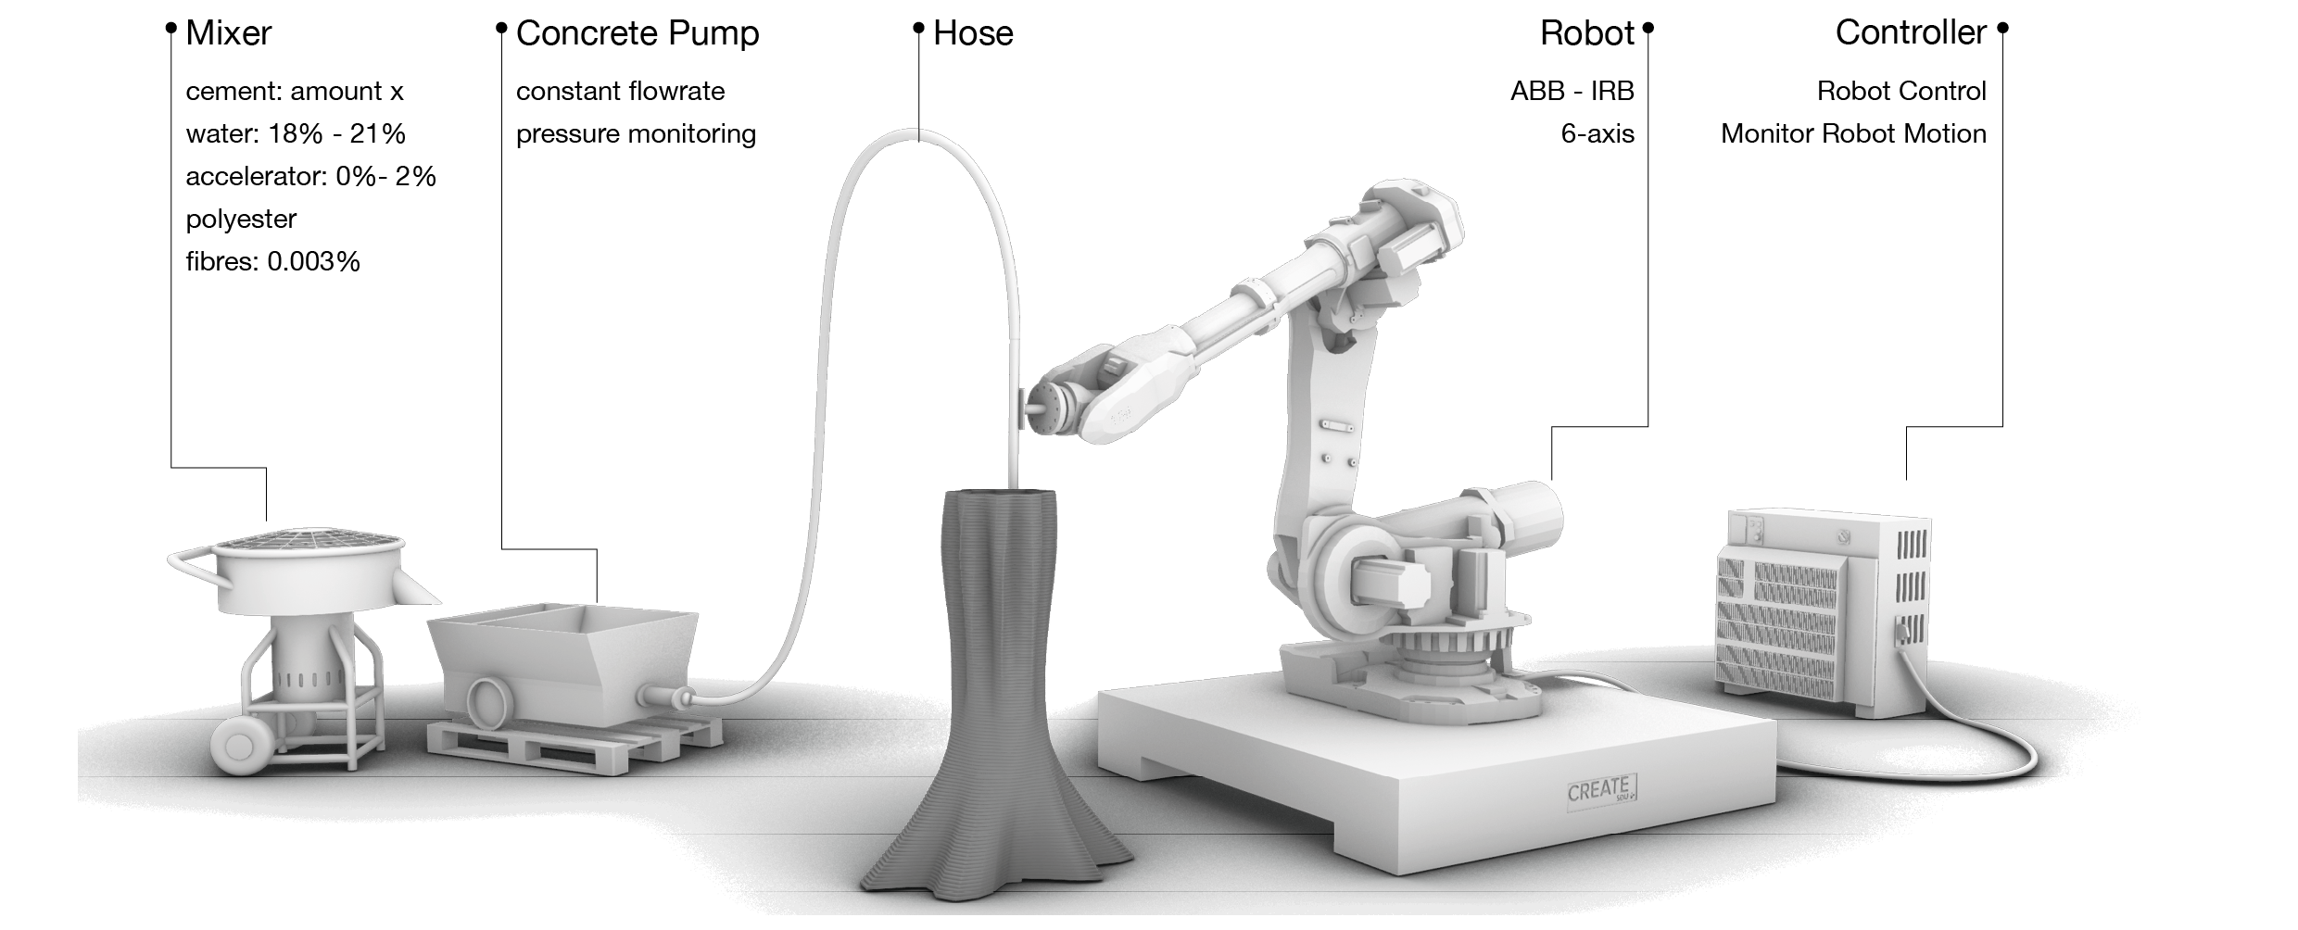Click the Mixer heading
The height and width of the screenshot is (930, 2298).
click(228, 34)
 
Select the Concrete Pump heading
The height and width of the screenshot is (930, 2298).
click(637, 34)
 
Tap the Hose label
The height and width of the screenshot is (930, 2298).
click(972, 34)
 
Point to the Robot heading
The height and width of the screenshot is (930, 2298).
click(1586, 34)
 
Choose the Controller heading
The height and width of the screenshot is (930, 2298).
click(1911, 33)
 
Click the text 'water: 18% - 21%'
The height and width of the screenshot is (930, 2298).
click(296, 134)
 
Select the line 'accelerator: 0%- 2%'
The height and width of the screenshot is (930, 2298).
click(310, 177)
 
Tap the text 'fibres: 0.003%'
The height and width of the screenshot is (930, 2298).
click(272, 262)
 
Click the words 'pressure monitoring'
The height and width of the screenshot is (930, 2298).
click(636, 134)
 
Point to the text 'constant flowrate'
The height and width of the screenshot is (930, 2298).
click(620, 92)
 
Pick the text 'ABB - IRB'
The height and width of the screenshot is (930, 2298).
click(1572, 92)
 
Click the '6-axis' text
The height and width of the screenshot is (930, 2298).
click(1597, 134)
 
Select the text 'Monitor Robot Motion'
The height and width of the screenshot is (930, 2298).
click(1853, 134)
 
